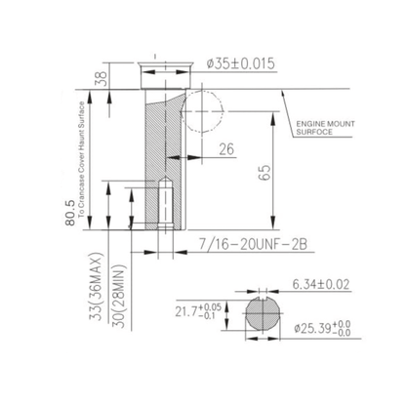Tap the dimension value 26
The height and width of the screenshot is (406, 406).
(226, 149)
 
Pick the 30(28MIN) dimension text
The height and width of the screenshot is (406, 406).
(119, 298)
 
